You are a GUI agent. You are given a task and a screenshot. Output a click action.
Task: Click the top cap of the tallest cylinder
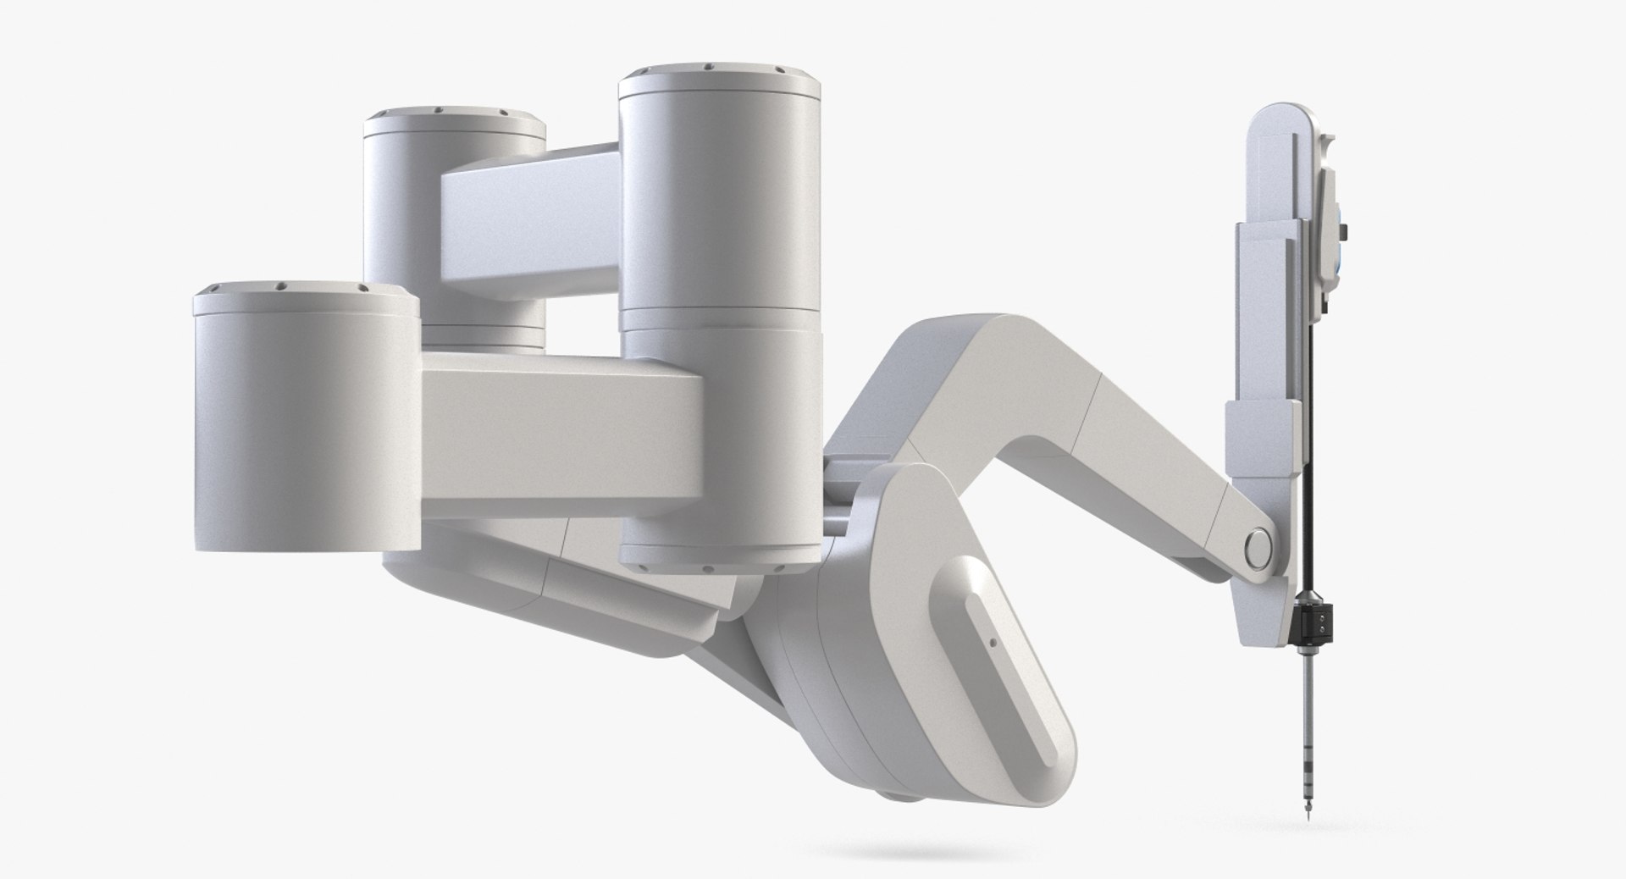[720, 80]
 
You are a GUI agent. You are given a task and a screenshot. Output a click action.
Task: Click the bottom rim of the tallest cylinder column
[720, 562]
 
